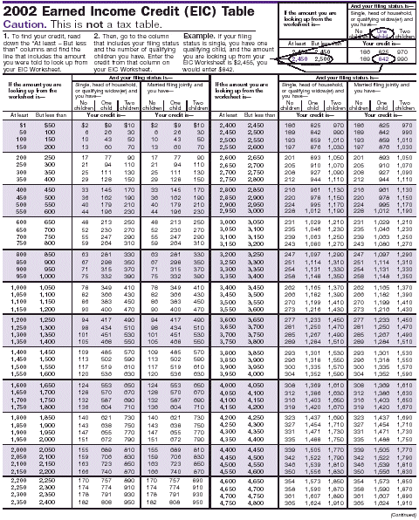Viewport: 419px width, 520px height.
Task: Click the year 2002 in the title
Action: pos(25,9)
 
